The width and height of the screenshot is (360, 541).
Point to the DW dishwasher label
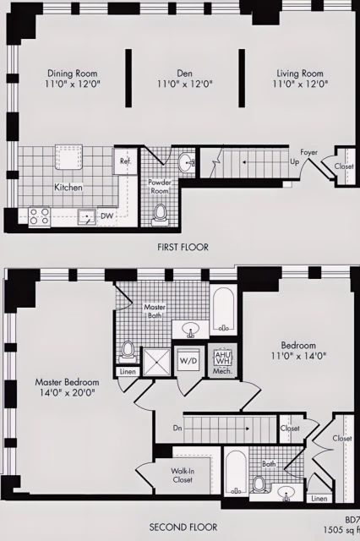pyautogui.click(x=107, y=216)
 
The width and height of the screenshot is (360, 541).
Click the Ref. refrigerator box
pyautogui.click(x=125, y=161)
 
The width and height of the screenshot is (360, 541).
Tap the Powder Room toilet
pyautogui.click(x=160, y=217)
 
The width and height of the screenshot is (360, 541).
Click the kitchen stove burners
pyautogui.click(x=39, y=216)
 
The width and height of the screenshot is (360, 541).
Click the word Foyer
pyautogui.click(x=308, y=153)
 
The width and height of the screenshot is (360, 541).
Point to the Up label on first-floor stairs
pyautogui.click(x=295, y=161)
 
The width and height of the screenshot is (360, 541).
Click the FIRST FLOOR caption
pyautogui.click(x=183, y=247)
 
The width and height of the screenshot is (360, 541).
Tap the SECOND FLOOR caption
pyautogui.click(x=182, y=527)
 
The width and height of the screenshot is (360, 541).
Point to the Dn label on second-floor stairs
pyautogui.click(x=177, y=428)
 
